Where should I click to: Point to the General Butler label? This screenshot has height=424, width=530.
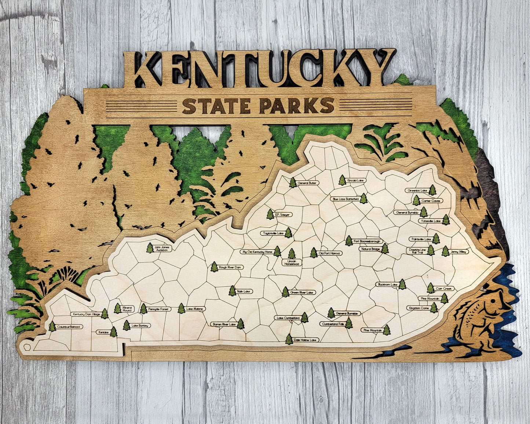(x=307, y=183)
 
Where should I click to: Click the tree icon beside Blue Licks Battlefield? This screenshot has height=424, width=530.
(x=363, y=198)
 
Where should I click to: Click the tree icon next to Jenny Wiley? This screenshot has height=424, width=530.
(x=445, y=251)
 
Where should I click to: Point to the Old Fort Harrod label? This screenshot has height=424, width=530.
(x=330, y=253)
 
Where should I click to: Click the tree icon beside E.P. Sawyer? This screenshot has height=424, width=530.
(x=270, y=214)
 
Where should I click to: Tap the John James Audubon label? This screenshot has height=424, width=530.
(x=162, y=248)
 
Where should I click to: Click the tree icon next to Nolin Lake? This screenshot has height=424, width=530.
(x=232, y=291)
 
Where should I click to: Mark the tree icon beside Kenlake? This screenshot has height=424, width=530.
(x=114, y=332)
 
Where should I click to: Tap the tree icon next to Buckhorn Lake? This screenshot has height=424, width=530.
(x=402, y=284)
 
